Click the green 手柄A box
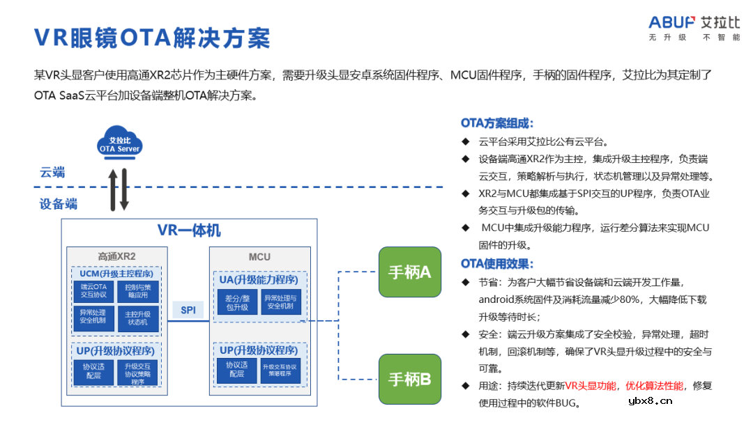click(409, 272)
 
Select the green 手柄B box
click(409, 379)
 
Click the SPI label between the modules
click(188, 310)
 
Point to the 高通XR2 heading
click(116, 256)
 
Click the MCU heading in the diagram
click(259, 256)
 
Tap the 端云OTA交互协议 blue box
click(93, 291)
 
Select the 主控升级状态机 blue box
click(137, 318)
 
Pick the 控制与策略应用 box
click(137, 291)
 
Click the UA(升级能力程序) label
click(259, 280)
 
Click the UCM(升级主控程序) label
click(116, 273)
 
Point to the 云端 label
click(52, 173)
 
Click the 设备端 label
click(59, 204)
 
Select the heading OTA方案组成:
click(497, 123)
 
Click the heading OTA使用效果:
click(497, 264)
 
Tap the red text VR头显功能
click(591, 386)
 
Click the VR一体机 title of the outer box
click(189, 230)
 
